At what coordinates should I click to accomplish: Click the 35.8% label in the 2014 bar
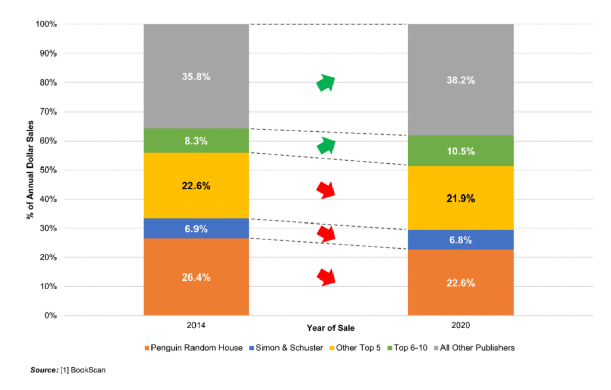coord(196,77)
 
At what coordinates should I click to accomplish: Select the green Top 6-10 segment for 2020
coord(461,151)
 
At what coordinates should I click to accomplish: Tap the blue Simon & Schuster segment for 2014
coord(196,229)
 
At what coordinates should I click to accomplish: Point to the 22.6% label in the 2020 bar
coord(461,283)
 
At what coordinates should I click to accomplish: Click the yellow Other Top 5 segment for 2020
coord(461,198)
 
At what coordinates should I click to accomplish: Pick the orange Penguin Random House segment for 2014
coord(196,277)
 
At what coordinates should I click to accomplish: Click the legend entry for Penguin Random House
coord(193,348)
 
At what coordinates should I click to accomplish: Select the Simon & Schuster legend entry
coord(286,348)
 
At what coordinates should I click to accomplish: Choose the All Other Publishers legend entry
coord(474,348)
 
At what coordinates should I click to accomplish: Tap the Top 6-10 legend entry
coord(407,348)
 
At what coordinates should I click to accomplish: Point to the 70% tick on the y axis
coord(48,112)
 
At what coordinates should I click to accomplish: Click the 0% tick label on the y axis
coord(50,316)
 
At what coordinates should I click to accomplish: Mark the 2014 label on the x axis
coord(196,325)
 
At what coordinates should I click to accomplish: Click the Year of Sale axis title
coord(330,328)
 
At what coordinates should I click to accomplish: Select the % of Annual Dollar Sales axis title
coord(30,170)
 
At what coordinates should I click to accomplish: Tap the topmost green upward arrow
coord(326,82)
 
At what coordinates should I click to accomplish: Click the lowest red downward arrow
coord(326,277)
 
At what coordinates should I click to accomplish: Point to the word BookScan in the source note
coord(88,370)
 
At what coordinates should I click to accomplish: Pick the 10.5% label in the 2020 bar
coord(461,151)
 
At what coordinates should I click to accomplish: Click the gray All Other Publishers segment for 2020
coord(461,80)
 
